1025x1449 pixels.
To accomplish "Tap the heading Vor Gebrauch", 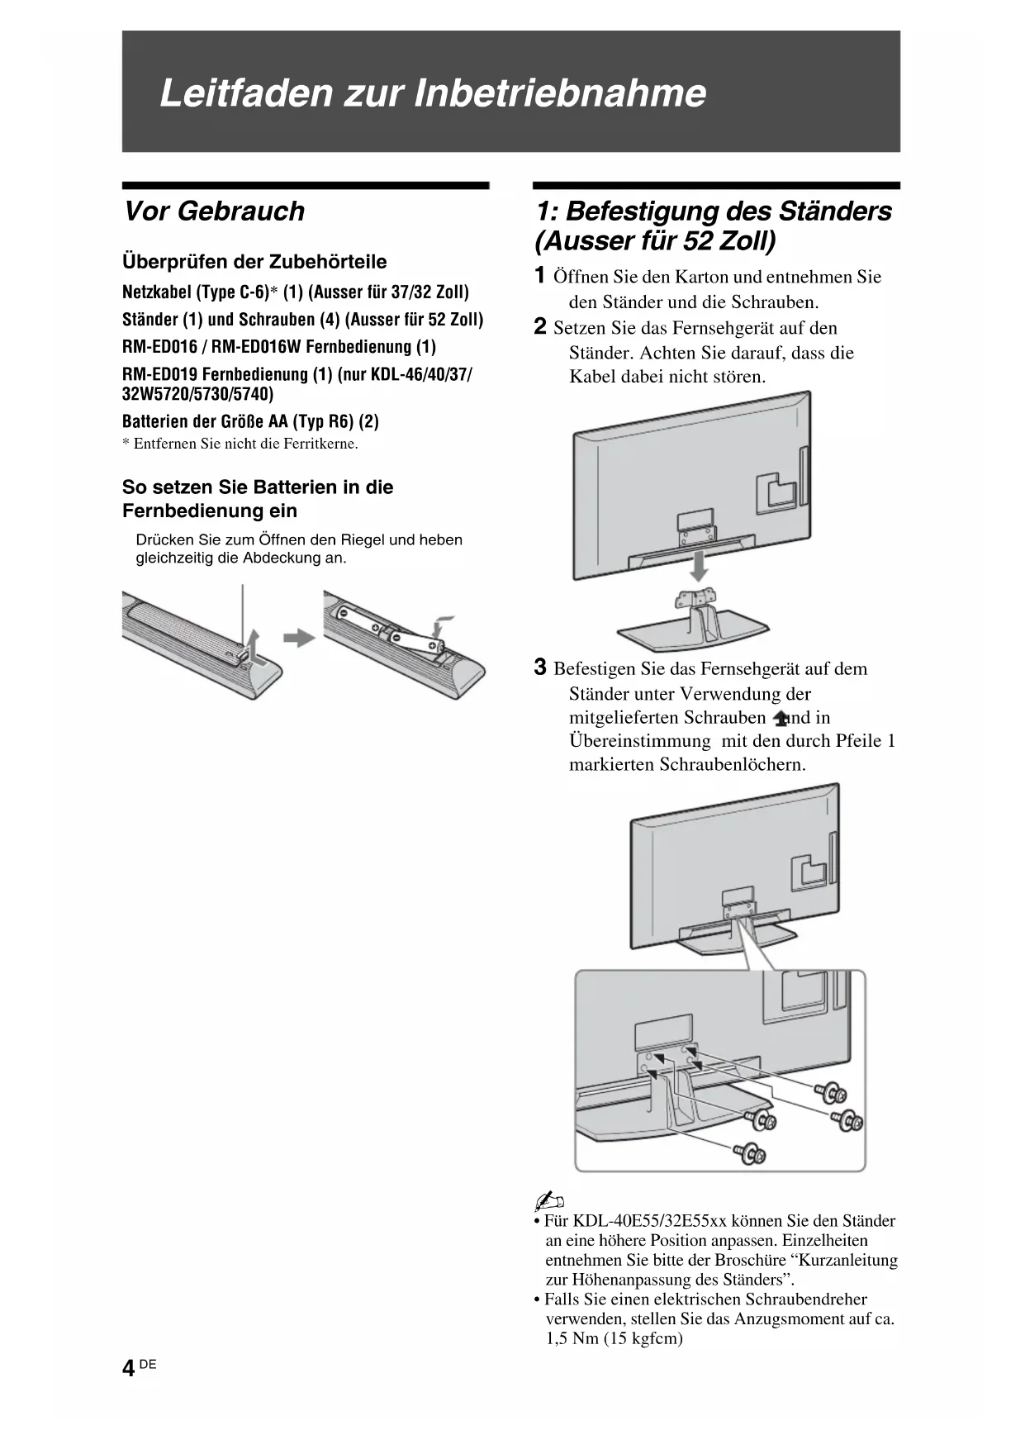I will pyautogui.click(x=214, y=211).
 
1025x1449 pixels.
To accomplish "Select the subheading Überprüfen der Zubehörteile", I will pyautogui.click(x=254, y=262).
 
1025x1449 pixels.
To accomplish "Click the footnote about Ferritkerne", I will pyautogui.click(x=240, y=444).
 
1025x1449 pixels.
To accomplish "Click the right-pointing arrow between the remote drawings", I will pyautogui.click(x=299, y=638).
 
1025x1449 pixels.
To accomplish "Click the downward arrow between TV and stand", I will pyautogui.click(x=699, y=567).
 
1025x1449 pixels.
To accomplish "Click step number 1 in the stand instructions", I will pyautogui.click(x=540, y=276).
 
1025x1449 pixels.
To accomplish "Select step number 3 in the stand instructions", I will pyautogui.click(x=540, y=667).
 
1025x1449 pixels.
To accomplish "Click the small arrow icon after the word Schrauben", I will pyautogui.click(x=780, y=719).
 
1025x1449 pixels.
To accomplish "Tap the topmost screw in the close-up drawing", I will pyautogui.click(x=828, y=1093).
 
